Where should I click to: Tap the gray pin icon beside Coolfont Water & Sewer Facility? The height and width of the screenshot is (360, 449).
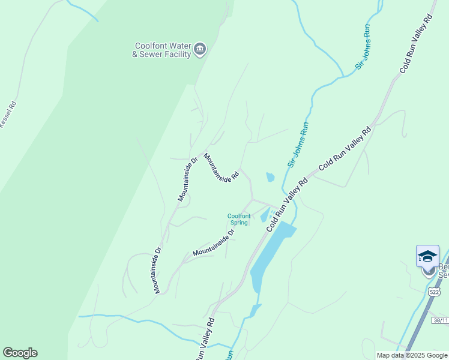click(x=200, y=49)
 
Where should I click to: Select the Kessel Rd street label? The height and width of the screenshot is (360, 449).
click(x=8, y=113)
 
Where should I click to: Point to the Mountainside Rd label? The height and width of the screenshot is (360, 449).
click(x=221, y=167)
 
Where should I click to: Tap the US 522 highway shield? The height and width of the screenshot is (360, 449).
click(x=435, y=292)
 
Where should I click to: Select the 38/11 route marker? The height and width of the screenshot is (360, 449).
click(x=440, y=320)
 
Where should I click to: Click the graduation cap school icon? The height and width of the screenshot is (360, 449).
click(x=427, y=256)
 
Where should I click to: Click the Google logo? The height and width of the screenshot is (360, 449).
click(x=20, y=353)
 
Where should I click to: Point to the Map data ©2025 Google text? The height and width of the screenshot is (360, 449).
click(x=412, y=355)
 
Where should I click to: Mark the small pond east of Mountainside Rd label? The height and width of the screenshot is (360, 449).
click(x=270, y=177)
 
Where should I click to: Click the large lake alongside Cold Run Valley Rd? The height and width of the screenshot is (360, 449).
click(x=270, y=252)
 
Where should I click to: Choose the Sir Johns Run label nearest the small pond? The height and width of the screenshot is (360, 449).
click(x=298, y=145)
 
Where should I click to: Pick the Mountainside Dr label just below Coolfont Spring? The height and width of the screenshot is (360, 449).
click(x=214, y=242)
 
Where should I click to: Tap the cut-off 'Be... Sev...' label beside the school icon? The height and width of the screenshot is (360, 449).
click(x=443, y=271)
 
